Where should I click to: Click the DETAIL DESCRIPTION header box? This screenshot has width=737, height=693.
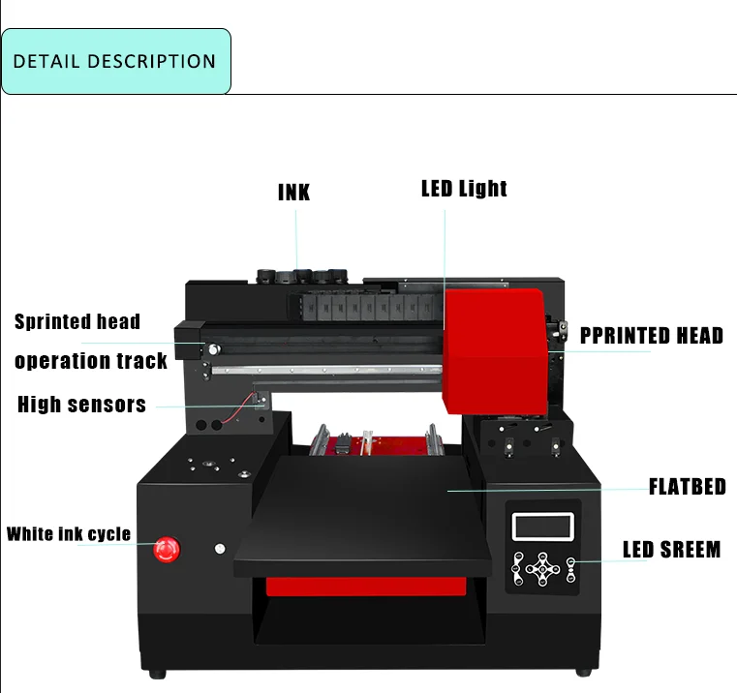click(x=115, y=61)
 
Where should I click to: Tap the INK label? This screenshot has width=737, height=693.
click(x=293, y=192)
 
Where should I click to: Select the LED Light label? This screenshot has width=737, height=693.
click(x=464, y=188)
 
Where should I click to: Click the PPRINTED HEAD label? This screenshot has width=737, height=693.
click(x=651, y=336)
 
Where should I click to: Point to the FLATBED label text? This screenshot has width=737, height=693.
click(x=687, y=486)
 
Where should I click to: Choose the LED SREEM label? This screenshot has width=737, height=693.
click(x=671, y=550)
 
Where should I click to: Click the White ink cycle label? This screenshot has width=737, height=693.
click(x=69, y=534)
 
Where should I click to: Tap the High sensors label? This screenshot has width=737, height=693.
click(x=81, y=405)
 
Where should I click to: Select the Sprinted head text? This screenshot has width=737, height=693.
click(x=77, y=322)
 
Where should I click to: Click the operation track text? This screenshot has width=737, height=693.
click(x=91, y=361)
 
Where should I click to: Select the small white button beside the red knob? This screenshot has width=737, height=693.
click(x=220, y=549)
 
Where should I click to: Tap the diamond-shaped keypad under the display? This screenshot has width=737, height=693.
click(x=543, y=567)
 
